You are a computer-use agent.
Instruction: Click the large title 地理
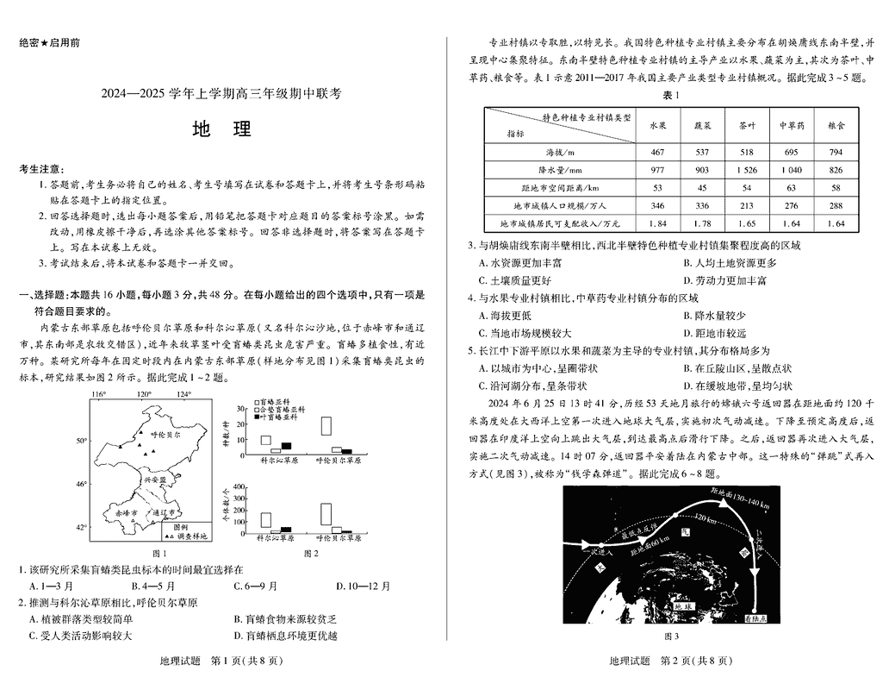click(222, 129)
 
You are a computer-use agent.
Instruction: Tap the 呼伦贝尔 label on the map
click(165, 437)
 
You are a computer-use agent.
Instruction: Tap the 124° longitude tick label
click(184, 395)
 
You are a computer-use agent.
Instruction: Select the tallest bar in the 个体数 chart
click(326, 513)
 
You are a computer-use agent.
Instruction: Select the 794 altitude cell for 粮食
click(835, 152)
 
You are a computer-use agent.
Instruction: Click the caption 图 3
click(671, 637)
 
